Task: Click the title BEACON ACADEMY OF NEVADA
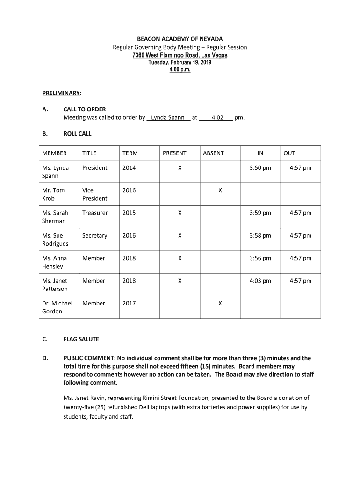click(x=180, y=39)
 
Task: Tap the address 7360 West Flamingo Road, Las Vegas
click(x=180, y=55)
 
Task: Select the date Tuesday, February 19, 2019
click(x=180, y=63)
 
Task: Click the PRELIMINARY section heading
click(x=61, y=94)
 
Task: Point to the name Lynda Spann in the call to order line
click(x=168, y=117)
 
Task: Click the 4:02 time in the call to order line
click(x=217, y=117)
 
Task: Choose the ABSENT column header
click(x=213, y=153)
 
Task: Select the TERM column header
click(x=130, y=153)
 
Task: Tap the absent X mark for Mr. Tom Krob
click(x=220, y=190)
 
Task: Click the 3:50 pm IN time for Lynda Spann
click(x=260, y=168)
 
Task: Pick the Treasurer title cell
click(x=95, y=213)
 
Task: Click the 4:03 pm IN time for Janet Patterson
click(x=260, y=281)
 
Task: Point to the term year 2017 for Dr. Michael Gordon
click(x=129, y=303)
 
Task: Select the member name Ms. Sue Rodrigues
click(x=55, y=239)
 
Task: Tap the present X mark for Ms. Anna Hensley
click(x=180, y=258)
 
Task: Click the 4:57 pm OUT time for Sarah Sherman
click(x=300, y=213)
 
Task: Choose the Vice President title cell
click(x=94, y=194)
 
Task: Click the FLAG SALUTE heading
click(x=81, y=339)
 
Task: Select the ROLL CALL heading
click(x=77, y=134)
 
